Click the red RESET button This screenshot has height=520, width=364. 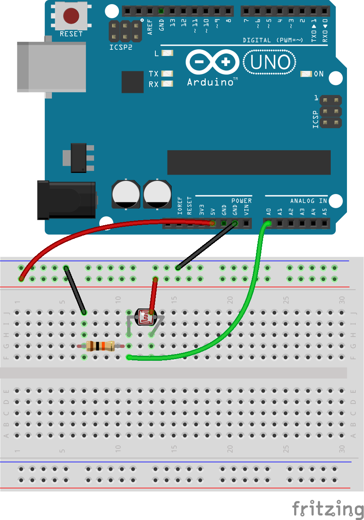[x=71, y=15]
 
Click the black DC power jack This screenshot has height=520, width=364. [x=66, y=199]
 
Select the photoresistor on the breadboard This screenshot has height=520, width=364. [x=145, y=318]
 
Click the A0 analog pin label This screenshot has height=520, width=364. [x=269, y=211]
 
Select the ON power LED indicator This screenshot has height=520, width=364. [x=306, y=74]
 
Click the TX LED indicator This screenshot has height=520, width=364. [x=167, y=74]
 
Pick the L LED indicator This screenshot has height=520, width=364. [x=167, y=53]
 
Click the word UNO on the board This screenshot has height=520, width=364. [x=270, y=62]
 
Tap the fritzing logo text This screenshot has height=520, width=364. [x=327, y=509]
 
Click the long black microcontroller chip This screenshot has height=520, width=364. [x=248, y=163]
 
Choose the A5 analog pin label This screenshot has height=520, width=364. [x=325, y=211]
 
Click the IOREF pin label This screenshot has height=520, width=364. [x=180, y=207]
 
